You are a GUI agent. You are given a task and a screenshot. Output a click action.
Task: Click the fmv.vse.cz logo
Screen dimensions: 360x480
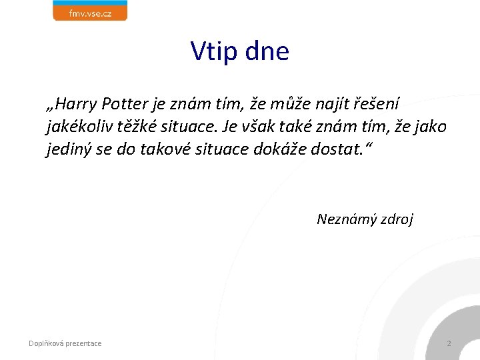click(x=90, y=11)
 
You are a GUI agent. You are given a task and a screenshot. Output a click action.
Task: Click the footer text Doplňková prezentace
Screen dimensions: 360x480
click(x=65, y=343)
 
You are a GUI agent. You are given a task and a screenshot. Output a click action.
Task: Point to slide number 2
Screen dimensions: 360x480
click(x=449, y=343)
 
